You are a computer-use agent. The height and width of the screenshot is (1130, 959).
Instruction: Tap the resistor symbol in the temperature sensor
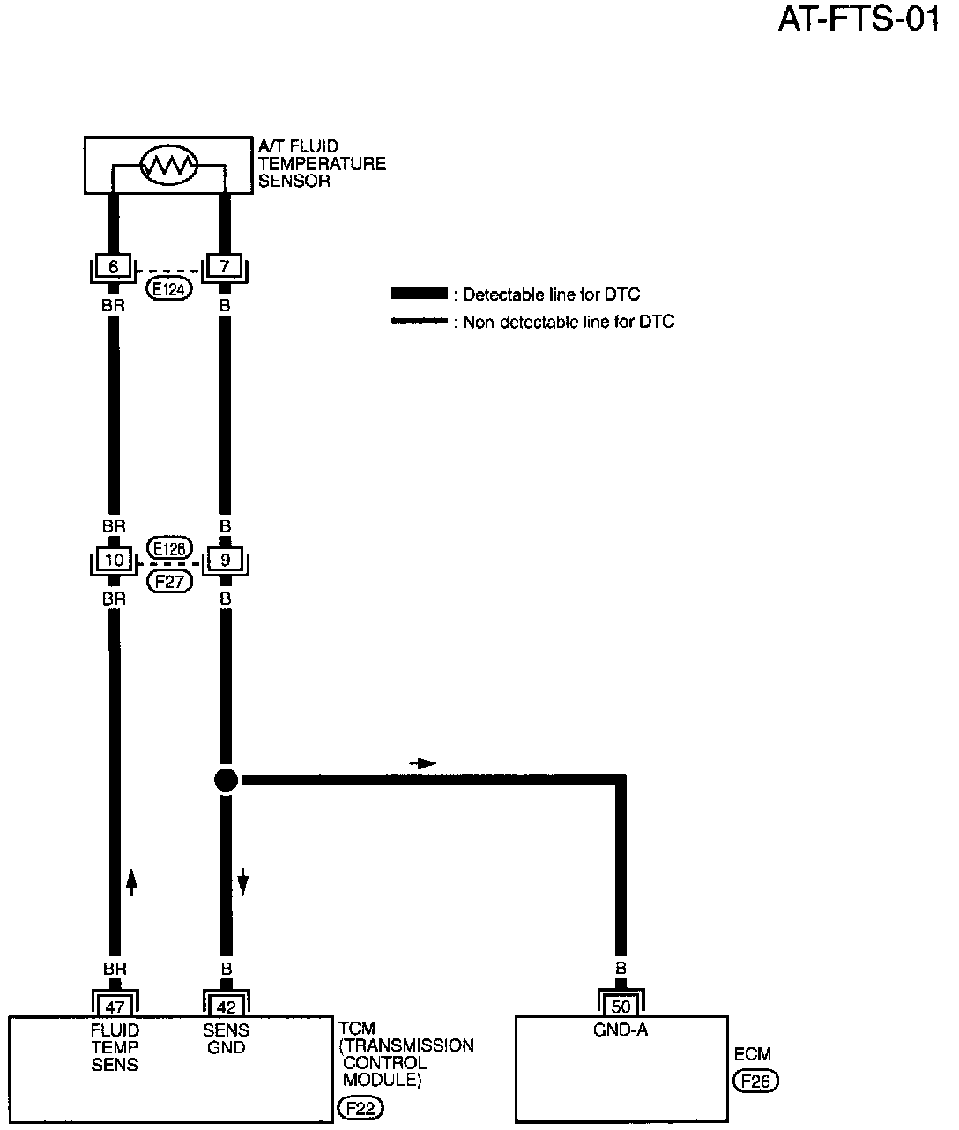pos(170,164)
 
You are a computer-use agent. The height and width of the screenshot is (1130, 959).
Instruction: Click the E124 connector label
pos(168,287)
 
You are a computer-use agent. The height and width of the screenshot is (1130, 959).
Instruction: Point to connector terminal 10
pos(114,560)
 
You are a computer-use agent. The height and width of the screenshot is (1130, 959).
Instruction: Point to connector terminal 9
pos(225,560)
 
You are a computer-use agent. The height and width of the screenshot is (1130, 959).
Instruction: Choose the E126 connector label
pos(169,547)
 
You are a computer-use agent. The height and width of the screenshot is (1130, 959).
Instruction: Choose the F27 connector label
pos(169,581)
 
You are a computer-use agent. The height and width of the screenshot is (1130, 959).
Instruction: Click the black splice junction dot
pos(226,779)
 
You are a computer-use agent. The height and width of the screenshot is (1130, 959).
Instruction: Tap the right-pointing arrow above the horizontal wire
pos(423,763)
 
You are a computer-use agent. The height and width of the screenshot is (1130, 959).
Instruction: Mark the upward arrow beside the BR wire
pos(131,881)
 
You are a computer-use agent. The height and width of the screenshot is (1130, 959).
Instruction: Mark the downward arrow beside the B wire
pos(243,881)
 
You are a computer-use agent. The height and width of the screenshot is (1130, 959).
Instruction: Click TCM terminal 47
pos(115,1007)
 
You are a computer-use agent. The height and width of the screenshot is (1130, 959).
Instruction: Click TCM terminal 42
pos(227,1007)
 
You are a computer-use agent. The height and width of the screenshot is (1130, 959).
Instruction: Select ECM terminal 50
pos(621,1007)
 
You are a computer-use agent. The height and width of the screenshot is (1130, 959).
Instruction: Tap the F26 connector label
pos(755,1082)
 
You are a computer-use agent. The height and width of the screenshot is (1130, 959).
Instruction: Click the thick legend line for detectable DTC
pos(420,294)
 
